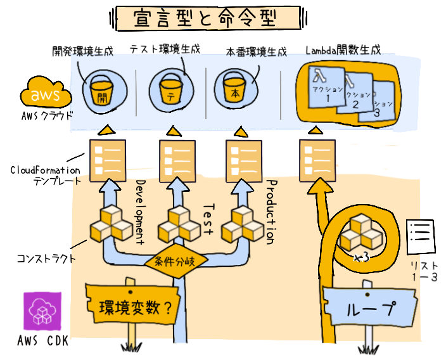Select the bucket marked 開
(102, 91)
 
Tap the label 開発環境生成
(82, 51)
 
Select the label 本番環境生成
(256, 51)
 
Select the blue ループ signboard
(368, 309)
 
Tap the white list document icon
(419, 236)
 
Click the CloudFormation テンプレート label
(46, 176)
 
